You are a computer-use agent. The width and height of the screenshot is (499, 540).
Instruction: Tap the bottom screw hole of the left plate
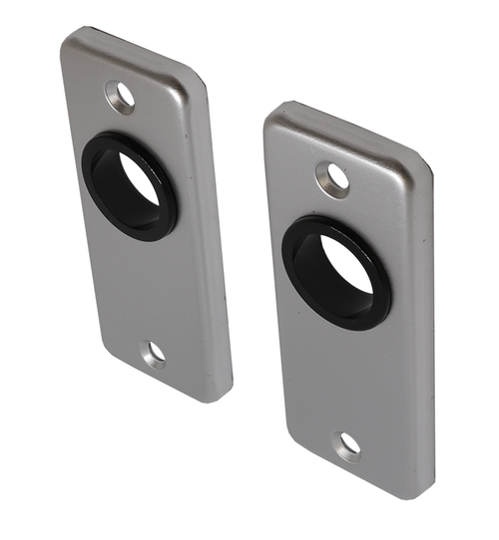pyautogui.click(x=154, y=354)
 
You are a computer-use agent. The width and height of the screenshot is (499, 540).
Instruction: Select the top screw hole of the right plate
pyautogui.click(x=334, y=178)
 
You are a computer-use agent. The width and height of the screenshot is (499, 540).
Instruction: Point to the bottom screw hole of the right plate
pyautogui.click(x=349, y=445)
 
